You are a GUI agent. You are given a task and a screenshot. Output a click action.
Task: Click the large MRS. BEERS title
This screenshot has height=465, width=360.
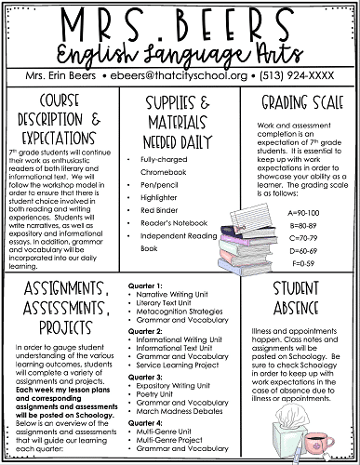pos(180,21)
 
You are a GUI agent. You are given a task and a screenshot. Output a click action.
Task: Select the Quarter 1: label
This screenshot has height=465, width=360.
pos(148,284)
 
